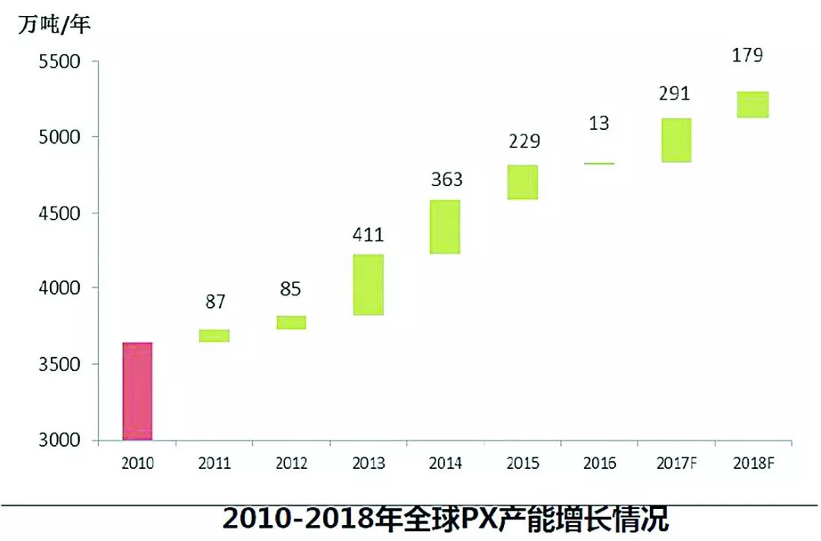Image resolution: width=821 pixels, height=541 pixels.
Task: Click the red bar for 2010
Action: (x=137, y=391)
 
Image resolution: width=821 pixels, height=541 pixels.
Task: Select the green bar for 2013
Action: (x=368, y=284)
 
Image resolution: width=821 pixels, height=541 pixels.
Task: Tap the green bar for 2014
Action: (x=445, y=226)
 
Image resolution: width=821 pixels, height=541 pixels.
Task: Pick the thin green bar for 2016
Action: (x=599, y=163)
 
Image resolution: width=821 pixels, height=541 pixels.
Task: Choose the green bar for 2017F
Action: (x=676, y=140)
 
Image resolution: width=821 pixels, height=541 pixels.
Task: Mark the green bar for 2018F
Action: (x=753, y=104)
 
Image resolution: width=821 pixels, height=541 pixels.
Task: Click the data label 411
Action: (x=368, y=235)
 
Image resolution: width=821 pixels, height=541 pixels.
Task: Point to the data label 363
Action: (x=445, y=180)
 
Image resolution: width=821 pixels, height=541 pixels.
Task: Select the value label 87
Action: (x=214, y=302)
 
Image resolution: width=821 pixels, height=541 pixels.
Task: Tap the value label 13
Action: (x=599, y=122)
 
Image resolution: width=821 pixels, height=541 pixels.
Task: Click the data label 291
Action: (x=675, y=93)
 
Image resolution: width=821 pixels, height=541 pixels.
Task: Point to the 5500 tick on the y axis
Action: (x=59, y=62)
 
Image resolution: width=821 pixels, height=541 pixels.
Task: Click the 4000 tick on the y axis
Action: (x=59, y=288)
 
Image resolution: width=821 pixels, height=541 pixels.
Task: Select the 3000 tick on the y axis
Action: (x=59, y=440)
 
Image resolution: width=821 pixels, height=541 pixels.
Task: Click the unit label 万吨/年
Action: (x=54, y=25)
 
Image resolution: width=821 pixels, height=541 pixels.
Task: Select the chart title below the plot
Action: (x=445, y=518)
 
